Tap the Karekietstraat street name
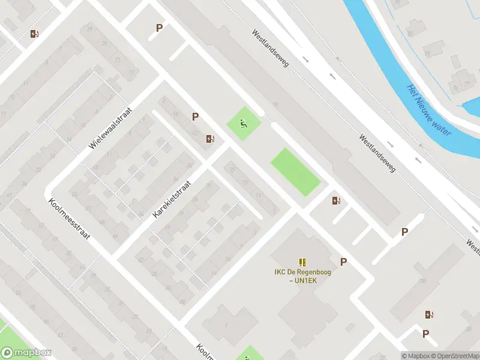click(171, 198)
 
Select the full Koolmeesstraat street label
click(69, 219)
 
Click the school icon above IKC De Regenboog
click(302, 262)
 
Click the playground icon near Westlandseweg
click(243, 124)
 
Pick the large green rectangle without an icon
click(295, 172)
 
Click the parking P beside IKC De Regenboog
click(343, 262)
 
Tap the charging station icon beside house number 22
click(209, 139)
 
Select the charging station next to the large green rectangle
click(335, 201)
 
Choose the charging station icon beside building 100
click(429, 314)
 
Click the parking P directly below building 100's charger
click(425, 334)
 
